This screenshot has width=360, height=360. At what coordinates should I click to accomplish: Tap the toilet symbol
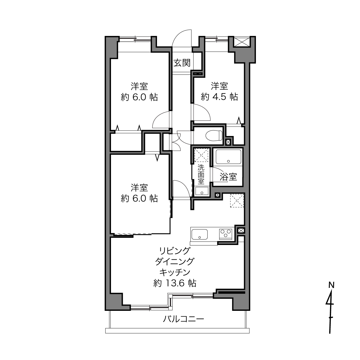coord(214,135)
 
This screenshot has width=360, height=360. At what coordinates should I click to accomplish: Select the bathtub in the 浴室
coord(228,156)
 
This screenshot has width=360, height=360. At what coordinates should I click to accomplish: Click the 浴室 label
coord(228,177)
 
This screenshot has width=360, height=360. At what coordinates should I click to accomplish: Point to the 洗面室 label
coord(201,175)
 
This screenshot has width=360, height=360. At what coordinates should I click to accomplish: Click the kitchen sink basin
coord(200,234)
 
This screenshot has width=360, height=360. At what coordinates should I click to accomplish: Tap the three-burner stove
coord(225,234)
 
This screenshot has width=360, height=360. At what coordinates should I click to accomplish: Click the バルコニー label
coord(183,319)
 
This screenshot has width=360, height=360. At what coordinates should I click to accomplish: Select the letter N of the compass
coord(332,285)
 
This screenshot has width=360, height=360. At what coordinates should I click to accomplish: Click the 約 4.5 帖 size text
coord(219,97)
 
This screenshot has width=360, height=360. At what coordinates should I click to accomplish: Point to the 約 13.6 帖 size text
coord(175,283)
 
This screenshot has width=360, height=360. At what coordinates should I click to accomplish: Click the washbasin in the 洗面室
coord(202,191)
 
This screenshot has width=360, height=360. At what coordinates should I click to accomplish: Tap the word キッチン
coord(175,272)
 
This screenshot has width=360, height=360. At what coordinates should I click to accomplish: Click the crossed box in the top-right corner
coord(242,42)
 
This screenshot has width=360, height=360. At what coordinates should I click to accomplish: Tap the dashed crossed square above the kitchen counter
coord(237,201)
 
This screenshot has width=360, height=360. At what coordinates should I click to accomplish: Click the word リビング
coord(175,251)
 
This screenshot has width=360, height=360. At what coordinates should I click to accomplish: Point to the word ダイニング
coord(175,261)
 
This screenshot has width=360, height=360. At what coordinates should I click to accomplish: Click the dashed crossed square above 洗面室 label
coord(201,155)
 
